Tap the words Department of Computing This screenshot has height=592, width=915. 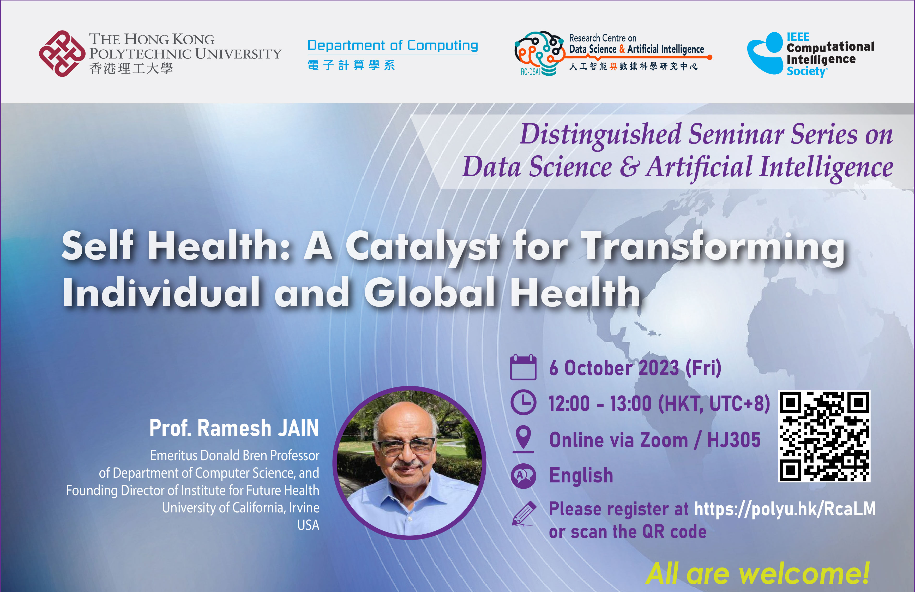tap(393, 45)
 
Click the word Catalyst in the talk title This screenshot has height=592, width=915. tap(423, 246)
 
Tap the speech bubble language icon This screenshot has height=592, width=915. tap(523, 476)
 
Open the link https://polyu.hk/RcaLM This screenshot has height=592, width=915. tap(785, 509)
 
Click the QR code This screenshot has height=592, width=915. tap(824, 436)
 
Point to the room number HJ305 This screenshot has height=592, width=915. tap(734, 440)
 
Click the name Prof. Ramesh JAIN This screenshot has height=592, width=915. tap(234, 428)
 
